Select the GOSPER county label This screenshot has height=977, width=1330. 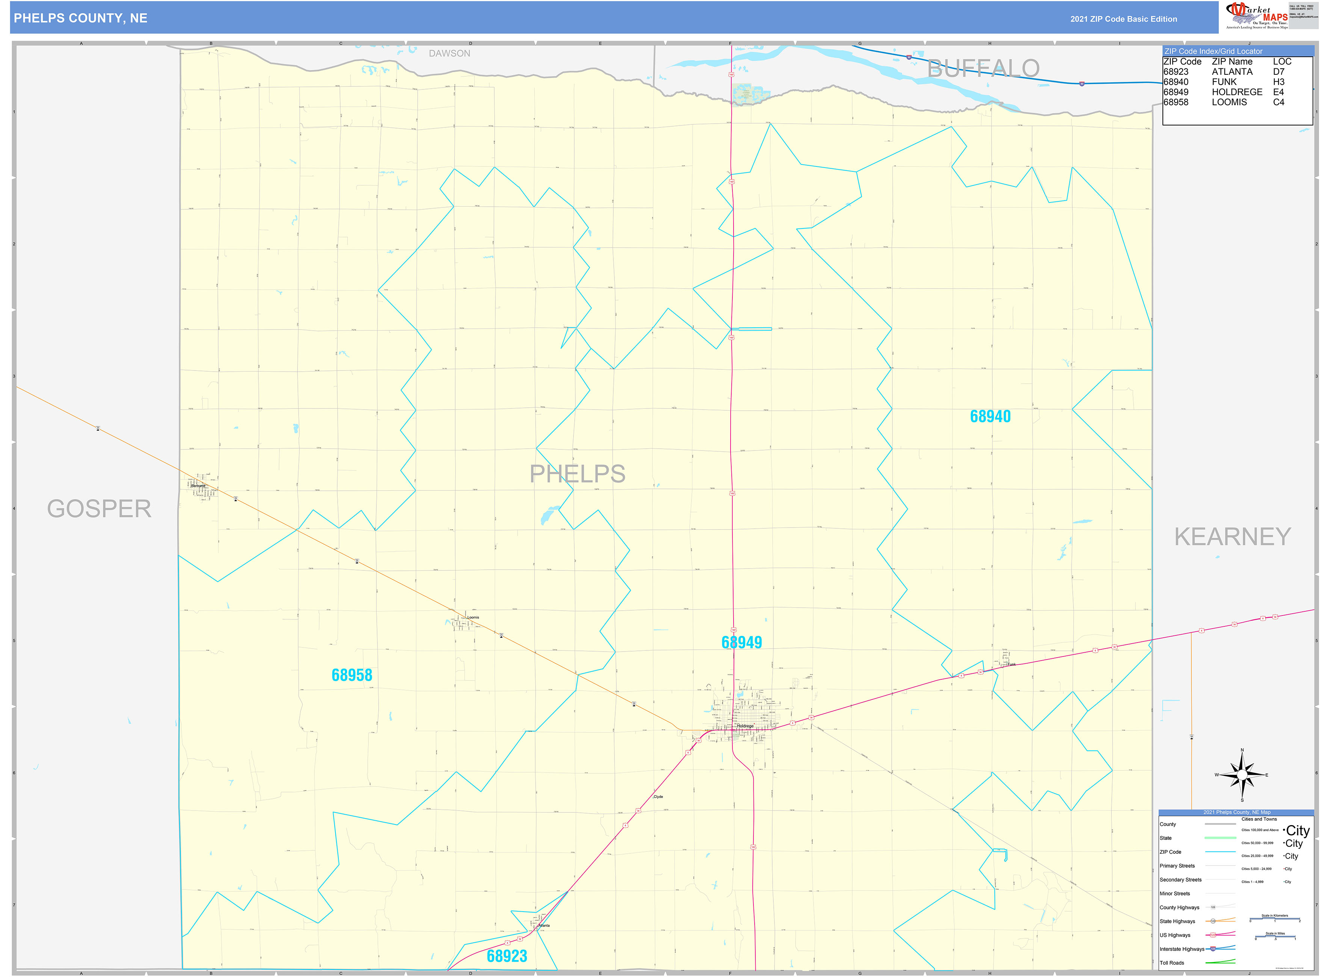pos(99,509)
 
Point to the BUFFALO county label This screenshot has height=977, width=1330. pos(983,69)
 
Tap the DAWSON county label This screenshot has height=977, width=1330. pos(449,54)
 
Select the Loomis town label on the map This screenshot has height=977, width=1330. pos(473,617)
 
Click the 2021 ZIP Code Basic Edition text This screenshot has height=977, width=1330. pos(1123,19)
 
